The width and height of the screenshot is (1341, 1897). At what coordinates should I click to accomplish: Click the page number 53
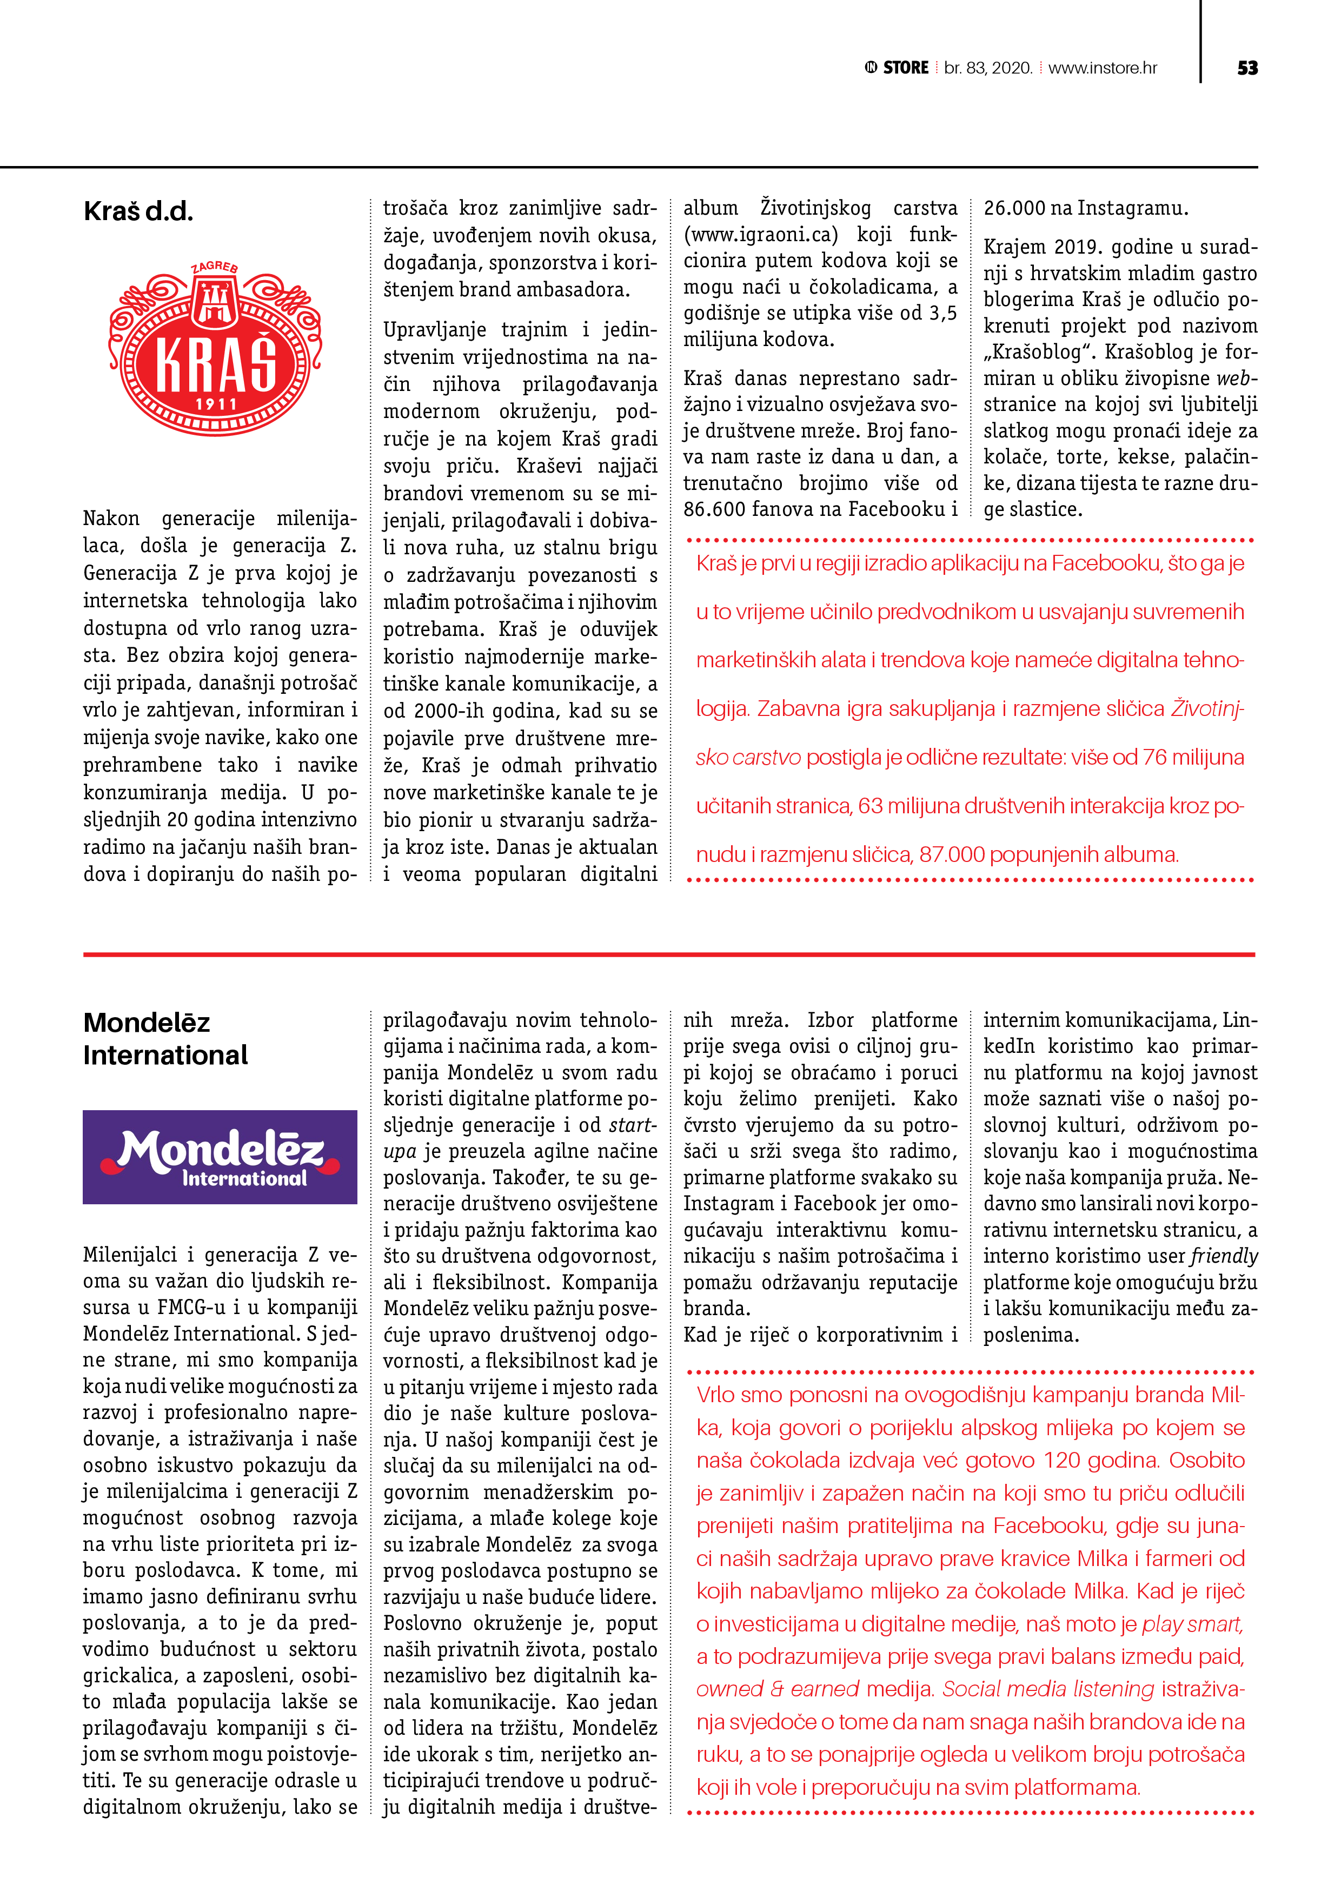click(x=1247, y=68)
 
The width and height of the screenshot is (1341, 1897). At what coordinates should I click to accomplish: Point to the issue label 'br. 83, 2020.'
click(x=988, y=68)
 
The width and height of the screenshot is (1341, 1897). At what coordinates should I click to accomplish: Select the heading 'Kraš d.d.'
click(x=138, y=211)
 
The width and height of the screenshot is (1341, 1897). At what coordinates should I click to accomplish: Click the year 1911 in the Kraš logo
click(x=216, y=404)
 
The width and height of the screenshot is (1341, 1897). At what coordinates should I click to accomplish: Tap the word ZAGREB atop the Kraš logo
click(x=215, y=267)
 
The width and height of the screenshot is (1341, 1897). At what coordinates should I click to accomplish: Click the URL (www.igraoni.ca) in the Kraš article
click(x=761, y=235)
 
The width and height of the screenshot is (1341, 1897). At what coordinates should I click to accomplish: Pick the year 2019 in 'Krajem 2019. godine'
click(x=1078, y=247)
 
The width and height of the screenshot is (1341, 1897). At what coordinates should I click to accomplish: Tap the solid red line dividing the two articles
click(x=669, y=954)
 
